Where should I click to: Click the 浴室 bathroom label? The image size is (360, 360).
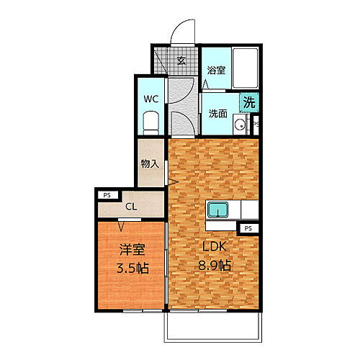point(216,71)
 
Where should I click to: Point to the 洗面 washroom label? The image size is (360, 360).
point(218,113)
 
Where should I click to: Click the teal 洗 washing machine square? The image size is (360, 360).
point(248,103)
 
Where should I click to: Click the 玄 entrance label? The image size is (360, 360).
point(181,60)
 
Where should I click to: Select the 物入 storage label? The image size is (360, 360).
point(150,164)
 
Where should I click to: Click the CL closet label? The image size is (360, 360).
point(130,207)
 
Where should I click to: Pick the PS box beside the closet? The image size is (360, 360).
point(107,194)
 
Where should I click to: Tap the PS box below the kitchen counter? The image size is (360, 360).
point(248,228)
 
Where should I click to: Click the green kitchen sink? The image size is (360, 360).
point(218,210)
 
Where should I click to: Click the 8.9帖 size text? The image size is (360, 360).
point(215,266)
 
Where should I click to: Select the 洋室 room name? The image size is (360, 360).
point(132,251)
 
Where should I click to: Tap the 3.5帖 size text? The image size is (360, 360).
point(132,268)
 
